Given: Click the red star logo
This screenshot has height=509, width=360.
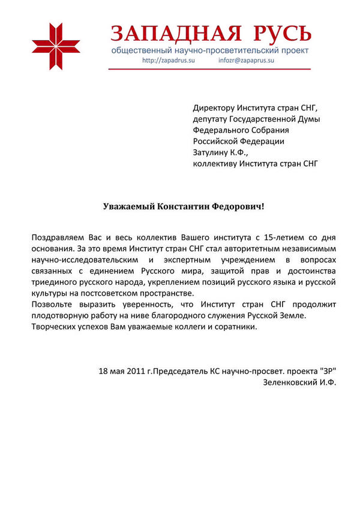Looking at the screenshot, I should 56,47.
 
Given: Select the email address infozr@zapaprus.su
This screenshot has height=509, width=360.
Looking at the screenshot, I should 247,61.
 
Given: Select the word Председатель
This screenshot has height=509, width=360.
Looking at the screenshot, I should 180,371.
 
